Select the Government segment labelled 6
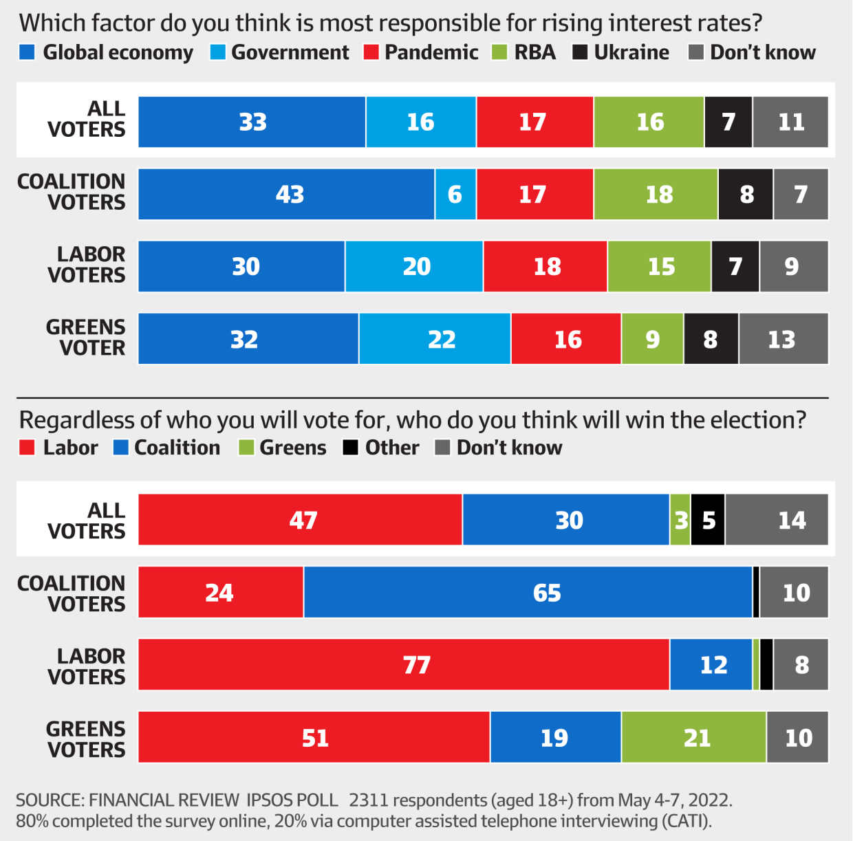point(455,195)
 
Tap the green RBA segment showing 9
point(652,339)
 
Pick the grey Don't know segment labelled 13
point(783,339)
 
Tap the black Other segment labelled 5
point(708,521)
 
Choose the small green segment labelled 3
point(680,521)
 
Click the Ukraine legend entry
point(621,52)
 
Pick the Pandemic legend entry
point(421,52)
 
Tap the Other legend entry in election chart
point(382,448)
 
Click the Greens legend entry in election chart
point(283,448)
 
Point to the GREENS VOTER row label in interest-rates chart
point(85,338)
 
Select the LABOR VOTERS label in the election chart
point(86,666)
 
